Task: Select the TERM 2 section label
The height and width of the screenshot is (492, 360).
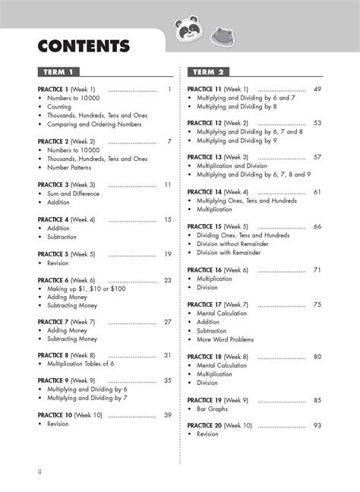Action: tap(210, 72)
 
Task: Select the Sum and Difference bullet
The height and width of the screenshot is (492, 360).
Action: tap(74, 194)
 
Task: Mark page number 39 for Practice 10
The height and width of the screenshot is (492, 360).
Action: tap(167, 415)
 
